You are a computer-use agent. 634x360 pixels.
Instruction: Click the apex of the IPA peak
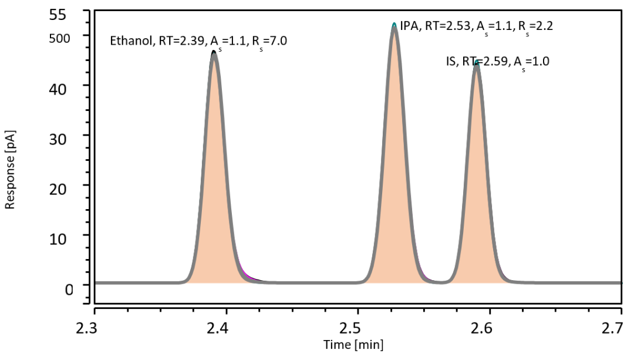(x=394, y=25)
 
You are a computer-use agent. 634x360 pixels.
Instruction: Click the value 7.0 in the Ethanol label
(x=278, y=41)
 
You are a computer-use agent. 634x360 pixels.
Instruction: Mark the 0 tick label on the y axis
(x=69, y=290)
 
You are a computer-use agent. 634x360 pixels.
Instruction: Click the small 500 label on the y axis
(x=60, y=37)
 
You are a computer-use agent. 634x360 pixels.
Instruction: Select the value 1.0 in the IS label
(x=540, y=61)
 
